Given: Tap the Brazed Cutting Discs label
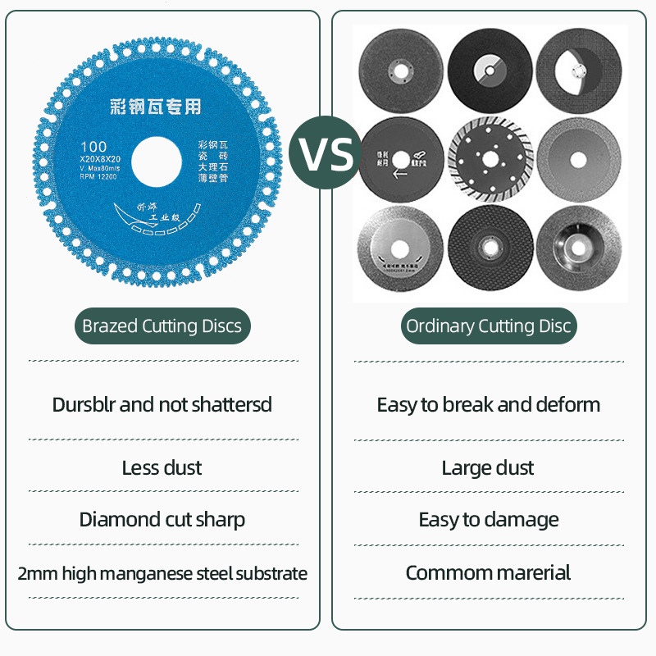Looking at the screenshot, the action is [x=162, y=326].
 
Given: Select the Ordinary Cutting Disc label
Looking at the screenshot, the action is [x=489, y=326].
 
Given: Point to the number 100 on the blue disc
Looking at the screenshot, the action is [x=94, y=147].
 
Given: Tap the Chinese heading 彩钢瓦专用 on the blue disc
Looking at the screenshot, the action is [x=155, y=107].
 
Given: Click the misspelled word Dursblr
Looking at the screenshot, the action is [x=84, y=405].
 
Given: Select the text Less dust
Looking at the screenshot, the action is [x=162, y=468].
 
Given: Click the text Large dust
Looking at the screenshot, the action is [x=488, y=468].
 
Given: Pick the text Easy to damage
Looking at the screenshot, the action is [x=489, y=520].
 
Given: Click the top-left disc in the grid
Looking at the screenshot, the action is [x=401, y=70].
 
